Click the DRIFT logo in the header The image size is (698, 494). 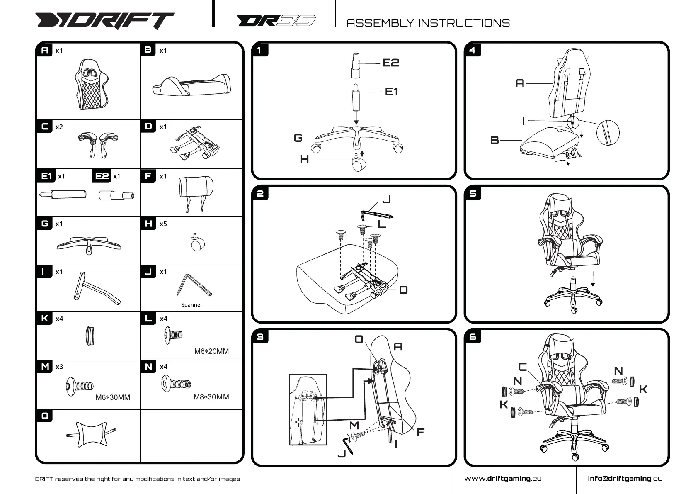(105, 21)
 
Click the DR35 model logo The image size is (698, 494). (276, 21)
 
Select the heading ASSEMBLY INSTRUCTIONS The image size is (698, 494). (428, 23)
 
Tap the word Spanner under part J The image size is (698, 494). (192, 305)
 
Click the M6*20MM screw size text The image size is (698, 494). (211, 351)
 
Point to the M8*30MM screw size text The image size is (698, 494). (211, 397)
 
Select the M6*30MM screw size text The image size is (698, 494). (113, 397)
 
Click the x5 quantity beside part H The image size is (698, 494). (163, 224)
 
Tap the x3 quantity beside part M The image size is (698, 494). (59, 367)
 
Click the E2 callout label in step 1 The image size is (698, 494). (390, 63)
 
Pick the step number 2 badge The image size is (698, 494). (260, 194)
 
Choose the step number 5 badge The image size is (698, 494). (473, 194)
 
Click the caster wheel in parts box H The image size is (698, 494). (197, 242)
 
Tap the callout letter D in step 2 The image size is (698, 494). (403, 290)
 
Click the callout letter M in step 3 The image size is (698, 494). (354, 425)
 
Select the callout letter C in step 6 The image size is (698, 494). (523, 367)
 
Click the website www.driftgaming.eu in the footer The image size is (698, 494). (503, 479)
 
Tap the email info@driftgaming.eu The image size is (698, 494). (625, 479)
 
